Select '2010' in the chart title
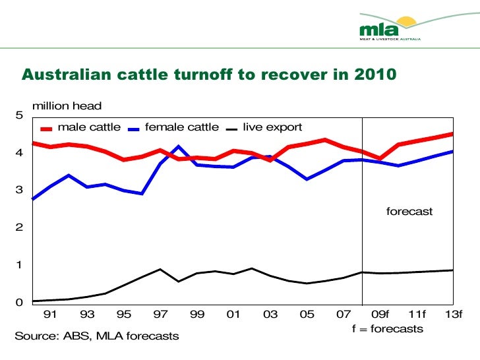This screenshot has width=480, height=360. click(x=373, y=75)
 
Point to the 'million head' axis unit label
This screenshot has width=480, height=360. click(x=67, y=105)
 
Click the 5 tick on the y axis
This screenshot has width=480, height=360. click(x=19, y=115)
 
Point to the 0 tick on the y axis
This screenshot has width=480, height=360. click(x=19, y=303)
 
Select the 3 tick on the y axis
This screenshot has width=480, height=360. click(x=19, y=191)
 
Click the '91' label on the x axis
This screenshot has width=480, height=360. click(x=49, y=315)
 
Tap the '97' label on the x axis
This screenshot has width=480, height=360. click(x=160, y=315)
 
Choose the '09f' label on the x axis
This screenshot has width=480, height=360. click(x=380, y=315)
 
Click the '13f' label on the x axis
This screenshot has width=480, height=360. click(x=454, y=315)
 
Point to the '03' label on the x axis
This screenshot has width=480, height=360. click(x=270, y=315)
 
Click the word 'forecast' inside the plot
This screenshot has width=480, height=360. click(x=409, y=212)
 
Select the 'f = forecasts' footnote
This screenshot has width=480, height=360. click(x=388, y=328)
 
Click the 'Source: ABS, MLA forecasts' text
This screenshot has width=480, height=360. click(x=97, y=336)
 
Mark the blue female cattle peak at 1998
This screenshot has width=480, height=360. click(x=178, y=146)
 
